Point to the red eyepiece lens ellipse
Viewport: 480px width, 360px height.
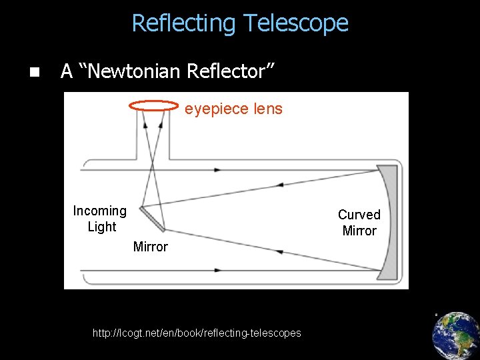click(154, 105)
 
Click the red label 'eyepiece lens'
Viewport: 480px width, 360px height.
click(233, 109)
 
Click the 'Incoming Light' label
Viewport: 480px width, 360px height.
click(100, 219)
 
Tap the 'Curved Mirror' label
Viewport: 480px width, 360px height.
click(359, 223)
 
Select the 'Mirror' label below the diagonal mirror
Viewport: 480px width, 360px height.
click(151, 247)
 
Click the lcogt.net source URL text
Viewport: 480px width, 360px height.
click(197, 333)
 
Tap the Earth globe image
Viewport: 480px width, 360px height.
click(455, 336)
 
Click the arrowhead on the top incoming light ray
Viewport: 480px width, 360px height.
click(217, 170)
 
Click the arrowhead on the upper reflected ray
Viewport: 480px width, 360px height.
click(281, 184)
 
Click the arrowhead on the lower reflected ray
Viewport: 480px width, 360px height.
click(281, 252)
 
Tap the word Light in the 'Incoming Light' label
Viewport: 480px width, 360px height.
click(101, 227)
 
